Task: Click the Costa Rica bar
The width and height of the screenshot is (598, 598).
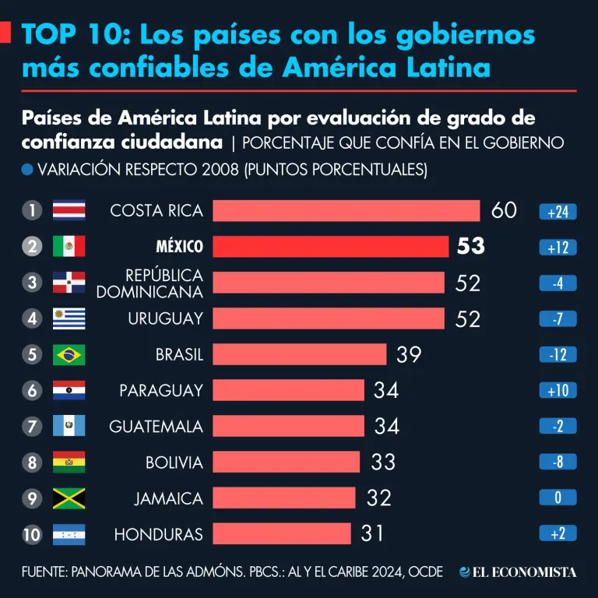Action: tap(346, 211)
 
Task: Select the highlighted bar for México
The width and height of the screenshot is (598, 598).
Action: tap(330, 247)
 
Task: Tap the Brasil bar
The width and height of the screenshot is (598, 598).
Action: tap(299, 354)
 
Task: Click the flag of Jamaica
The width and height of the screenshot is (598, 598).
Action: tap(69, 498)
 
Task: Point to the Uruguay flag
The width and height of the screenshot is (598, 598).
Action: tap(69, 318)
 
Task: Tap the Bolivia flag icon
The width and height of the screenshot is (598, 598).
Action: tap(69, 463)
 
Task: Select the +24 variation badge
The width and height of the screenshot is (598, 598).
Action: tap(558, 212)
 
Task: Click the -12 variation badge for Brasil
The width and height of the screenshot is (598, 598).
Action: tap(558, 355)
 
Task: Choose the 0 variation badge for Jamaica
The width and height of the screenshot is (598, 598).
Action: tap(558, 498)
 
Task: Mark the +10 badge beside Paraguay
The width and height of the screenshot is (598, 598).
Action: tap(558, 391)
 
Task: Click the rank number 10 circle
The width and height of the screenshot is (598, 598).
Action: tap(31, 534)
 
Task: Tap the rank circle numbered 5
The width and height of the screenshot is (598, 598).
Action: tap(31, 355)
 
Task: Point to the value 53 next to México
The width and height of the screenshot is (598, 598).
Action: tap(470, 247)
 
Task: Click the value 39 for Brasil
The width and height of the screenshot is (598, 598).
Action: tap(409, 354)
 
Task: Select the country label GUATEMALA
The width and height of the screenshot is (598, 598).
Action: tap(156, 427)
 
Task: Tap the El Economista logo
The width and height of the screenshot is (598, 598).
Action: tap(518, 572)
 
